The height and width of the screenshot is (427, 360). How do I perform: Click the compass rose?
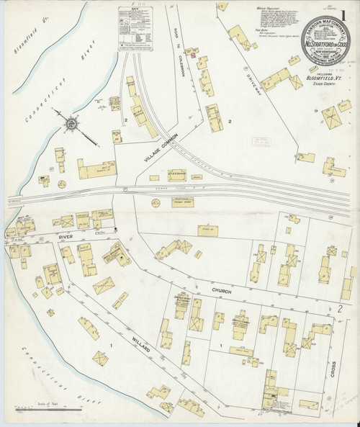pos(73,125)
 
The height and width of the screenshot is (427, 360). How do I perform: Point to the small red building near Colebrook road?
pos(193,53)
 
